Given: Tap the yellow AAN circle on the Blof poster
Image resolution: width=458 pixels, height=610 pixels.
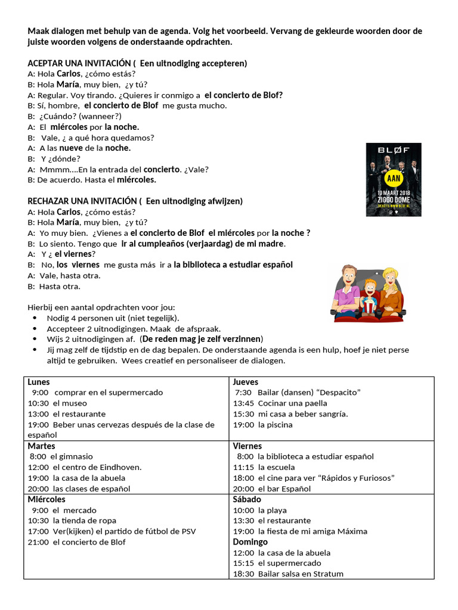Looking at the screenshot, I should [x=394, y=179].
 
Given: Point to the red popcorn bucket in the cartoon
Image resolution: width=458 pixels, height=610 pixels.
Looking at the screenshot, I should [x=370, y=307].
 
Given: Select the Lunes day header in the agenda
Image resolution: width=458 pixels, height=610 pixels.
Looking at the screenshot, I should [x=39, y=382].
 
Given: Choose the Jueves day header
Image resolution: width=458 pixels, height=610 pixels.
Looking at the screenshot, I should [x=246, y=382].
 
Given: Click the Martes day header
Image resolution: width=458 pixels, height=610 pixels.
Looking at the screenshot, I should [x=41, y=446].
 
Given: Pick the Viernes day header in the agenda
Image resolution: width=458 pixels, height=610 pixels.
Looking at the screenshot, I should [x=247, y=446].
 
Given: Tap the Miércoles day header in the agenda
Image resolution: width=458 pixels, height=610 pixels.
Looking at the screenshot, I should [x=47, y=499].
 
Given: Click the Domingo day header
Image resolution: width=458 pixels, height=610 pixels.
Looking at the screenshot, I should [x=250, y=542].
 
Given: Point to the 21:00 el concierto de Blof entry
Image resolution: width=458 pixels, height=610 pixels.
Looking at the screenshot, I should [x=77, y=542].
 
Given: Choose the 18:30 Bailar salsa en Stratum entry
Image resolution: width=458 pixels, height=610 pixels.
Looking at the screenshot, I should [x=288, y=574].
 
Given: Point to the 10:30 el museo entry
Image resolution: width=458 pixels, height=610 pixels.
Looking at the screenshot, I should [x=57, y=403].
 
